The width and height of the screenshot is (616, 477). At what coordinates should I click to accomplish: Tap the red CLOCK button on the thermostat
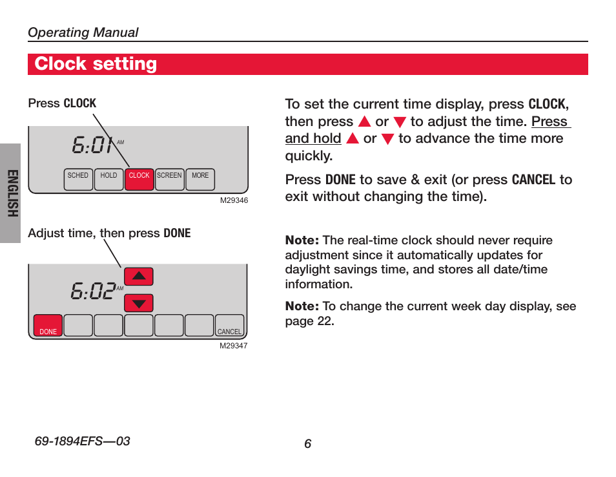(x=139, y=179)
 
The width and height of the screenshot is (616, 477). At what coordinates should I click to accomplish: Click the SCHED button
(x=78, y=179)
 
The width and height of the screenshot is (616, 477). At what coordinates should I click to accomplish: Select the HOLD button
(x=109, y=179)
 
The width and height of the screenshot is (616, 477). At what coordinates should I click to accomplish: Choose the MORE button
(x=200, y=179)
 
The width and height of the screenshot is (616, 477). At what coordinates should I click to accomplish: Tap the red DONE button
(x=48, y=325)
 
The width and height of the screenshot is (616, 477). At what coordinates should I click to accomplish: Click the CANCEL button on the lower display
(x=229, y=325)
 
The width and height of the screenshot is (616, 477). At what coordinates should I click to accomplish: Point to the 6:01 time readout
(x=94, y=145)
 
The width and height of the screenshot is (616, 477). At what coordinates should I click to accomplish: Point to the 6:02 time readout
(x=93, y=291)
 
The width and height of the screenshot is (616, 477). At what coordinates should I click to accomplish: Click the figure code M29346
(x=234, y=200)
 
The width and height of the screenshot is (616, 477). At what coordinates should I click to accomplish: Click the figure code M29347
(x=233, y=346)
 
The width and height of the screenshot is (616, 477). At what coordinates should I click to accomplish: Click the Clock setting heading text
(x=96, y=64)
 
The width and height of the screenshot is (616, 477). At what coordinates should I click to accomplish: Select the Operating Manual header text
(x=83, y=32)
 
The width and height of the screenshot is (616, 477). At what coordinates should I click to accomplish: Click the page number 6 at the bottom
(x=307, y=443)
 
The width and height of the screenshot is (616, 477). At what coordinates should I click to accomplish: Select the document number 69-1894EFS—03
(x=82, y=441)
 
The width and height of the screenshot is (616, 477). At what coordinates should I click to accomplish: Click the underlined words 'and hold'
(x=313, y=138)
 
